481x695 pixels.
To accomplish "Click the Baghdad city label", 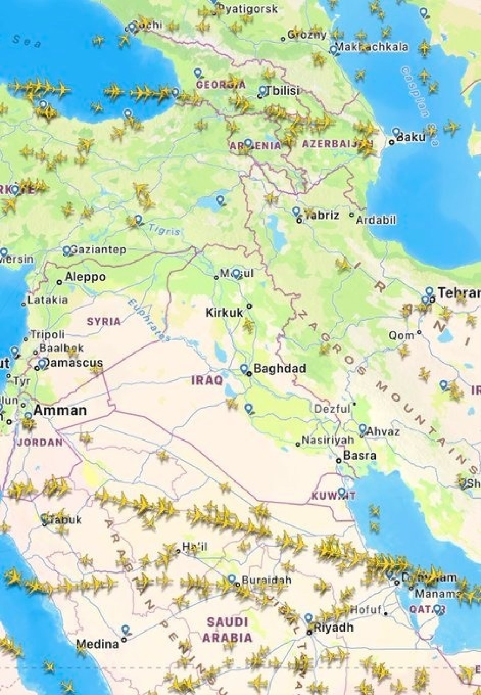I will click(279, 368).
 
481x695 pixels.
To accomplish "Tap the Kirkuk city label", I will click(224, 312).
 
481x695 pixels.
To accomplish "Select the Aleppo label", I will click(85, 277).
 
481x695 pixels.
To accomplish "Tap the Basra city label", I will click(360, 455).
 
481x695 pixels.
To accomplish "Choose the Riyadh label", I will click(334, 627).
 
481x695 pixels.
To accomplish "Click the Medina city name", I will click(97, 644).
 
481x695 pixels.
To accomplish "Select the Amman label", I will click(60, 410).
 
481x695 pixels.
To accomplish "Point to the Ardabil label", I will click(376, 220).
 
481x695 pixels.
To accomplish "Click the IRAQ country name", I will click(207, 380).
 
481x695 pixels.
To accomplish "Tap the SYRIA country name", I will click(103, 321).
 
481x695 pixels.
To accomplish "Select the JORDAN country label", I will click(40, 442).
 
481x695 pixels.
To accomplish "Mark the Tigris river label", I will click(164, 230).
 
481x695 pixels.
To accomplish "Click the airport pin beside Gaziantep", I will click(67, 250).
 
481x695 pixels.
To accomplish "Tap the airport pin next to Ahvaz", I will click(362, 428).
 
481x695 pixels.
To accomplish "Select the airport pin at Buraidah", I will click(232, 578).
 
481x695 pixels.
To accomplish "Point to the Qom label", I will click(401, 335).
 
